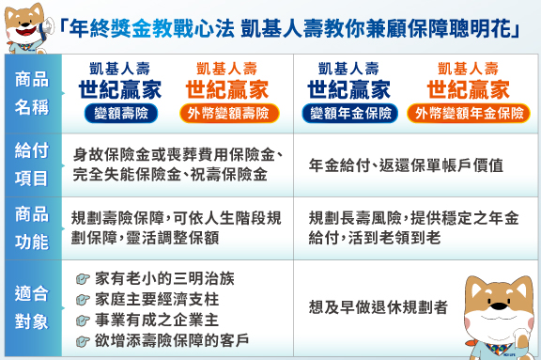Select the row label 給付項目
pyautogui.click(x=32, y=164)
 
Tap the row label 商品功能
pyautogui.click(x=32, y=227)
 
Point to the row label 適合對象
pyautogui.click(x=32, y=305)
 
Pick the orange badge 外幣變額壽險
pyautogui.click(x=227, y=113)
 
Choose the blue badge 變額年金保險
pyautogui.click(x=348, y=113)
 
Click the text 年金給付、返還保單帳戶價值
pyautogui.click(x=406, y=164)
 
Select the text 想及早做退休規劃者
pyautogui.click(x=379, y=306)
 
